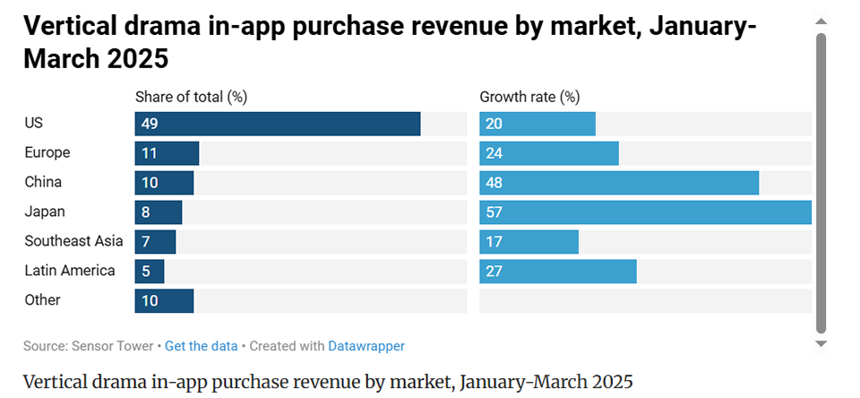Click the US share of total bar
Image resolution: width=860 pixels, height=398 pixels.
(x=278, y=124)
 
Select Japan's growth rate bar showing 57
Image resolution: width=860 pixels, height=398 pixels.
(x=645, y=212)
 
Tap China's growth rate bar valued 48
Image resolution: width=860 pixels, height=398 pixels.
(x=619, y=183)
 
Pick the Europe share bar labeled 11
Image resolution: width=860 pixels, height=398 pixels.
(x=167, y=153)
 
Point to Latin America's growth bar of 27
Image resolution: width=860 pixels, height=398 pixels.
(x=558, y=272)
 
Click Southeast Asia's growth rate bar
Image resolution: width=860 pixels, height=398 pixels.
(x=529, y=242)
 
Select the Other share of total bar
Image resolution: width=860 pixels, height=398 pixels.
(x=164, y=301)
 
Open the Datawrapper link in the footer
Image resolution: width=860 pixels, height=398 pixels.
(x=366, y=346)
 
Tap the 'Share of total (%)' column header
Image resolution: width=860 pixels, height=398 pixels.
(x=191, y=97)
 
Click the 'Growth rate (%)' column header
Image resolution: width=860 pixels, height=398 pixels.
(x=529, y=97)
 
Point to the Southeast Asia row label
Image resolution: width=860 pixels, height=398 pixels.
(x=73, y=241)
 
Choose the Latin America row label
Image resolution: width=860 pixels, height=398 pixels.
(x=70, y=271)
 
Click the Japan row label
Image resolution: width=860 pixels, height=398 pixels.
(x=45, y=212)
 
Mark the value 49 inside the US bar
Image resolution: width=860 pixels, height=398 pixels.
(x=150, y=124)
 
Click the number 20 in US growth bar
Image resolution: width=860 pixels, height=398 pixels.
(x=494, y=124)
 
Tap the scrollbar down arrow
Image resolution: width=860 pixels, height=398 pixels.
(x=821, y=342)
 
